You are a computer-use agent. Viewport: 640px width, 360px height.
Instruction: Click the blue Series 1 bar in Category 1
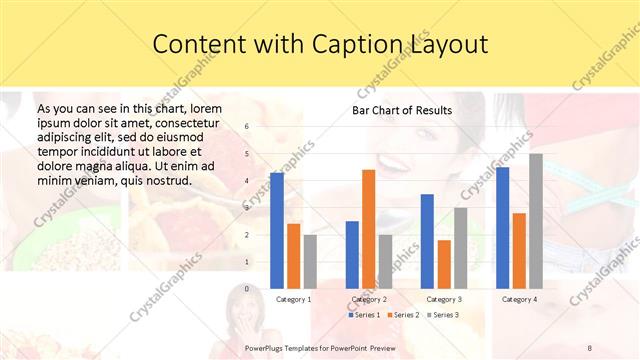(x=277, y=230)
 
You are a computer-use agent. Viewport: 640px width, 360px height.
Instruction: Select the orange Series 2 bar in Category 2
(x=368, y=229)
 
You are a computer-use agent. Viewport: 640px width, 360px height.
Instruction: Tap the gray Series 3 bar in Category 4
(x=536, y=221)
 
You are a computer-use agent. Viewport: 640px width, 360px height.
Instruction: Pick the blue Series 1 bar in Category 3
(x=427, y=241)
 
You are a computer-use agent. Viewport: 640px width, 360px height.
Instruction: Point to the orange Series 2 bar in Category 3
(x=444, y=264)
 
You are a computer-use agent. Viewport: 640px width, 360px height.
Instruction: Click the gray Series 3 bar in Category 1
(x=310, y=261)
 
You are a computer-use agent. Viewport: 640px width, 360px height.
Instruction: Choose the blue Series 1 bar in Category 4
(x=502, y=228)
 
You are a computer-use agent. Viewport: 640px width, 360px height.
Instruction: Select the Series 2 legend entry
(x=404, y=315)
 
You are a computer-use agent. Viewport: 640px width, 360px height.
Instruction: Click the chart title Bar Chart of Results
(x=402, y=110)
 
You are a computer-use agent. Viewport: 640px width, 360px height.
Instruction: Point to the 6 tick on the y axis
(x=246, y=127)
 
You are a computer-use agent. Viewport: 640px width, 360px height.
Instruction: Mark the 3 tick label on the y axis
(x=246, y=208)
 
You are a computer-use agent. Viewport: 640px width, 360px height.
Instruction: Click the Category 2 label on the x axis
(x=369, y=299)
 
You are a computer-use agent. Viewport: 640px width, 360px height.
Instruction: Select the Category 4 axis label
(x=519, y=299)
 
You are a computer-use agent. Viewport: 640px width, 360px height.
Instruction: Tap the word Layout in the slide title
(x=446, y=44)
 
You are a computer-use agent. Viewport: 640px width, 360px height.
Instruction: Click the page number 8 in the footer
(x=590, y=346)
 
